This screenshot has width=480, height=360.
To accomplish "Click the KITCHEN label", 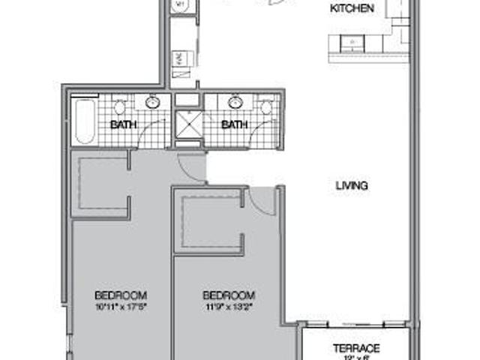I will click(352, 9).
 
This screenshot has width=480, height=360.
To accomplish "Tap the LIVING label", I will click(351, 185).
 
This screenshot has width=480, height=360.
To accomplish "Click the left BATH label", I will click(123, 124).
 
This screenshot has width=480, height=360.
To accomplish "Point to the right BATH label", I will click(234, 124).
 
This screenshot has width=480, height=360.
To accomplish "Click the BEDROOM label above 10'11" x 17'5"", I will click(120, 295).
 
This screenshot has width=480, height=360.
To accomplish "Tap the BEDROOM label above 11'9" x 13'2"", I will click(229, 295).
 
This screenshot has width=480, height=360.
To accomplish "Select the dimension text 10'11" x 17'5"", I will click(120, 306).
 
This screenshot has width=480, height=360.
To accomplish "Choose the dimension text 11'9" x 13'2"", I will click(229, 306).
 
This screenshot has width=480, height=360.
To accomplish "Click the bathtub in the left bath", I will click(82, 121).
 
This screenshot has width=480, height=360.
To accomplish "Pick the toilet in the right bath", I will click(267, 107).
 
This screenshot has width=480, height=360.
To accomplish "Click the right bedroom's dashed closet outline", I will click(211, 223).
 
